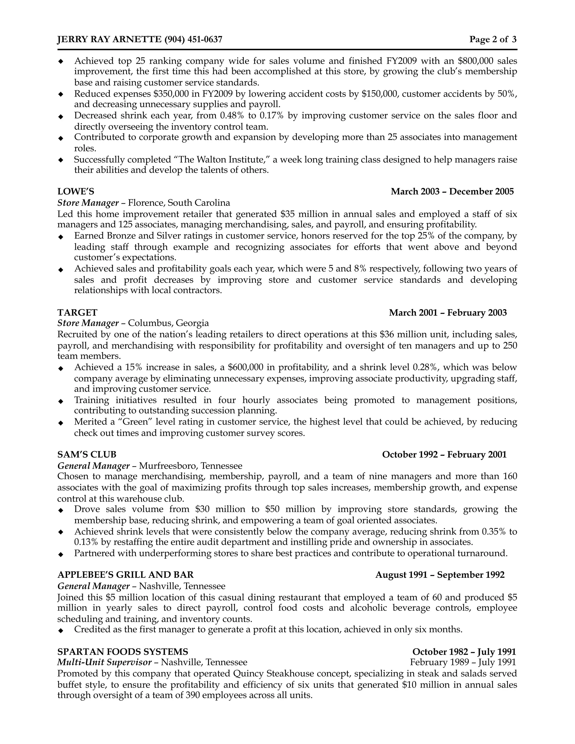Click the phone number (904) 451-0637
click(x=193, y=40)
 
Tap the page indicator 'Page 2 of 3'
click(x=492, y=40)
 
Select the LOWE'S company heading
click(x=76, y=191)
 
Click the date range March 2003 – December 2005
click(x=452, y=191)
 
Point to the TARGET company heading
click(x=77, y=312)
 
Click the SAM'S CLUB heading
click(x=87, y=455)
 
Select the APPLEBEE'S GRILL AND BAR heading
click(x=125, y=575)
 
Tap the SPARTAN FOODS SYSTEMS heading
click(x=123, y=652)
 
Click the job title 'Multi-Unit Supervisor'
click(x=104, y=662)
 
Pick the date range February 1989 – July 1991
click(x=463, y=662)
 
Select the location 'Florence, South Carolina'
click(x=179, y=203)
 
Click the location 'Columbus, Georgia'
click(x=168, y=323)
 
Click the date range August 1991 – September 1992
click(x=440, y=575)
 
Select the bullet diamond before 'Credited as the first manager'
click(x=61, y=631)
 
